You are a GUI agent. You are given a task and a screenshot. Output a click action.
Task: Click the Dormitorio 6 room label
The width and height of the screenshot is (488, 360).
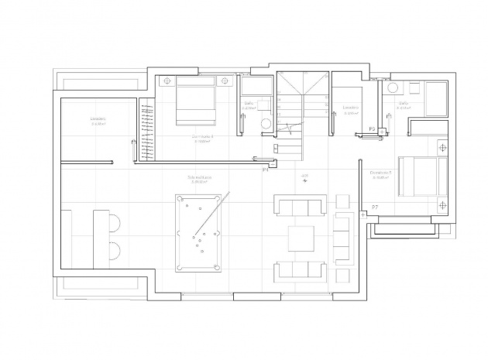pos(203,136)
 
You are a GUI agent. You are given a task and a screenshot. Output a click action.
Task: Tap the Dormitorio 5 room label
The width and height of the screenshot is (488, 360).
pos(380,173)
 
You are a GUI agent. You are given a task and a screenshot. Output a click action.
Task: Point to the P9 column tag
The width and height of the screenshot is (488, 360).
pos(373,129)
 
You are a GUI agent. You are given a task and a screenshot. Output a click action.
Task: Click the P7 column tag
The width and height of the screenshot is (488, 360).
pos(375,207)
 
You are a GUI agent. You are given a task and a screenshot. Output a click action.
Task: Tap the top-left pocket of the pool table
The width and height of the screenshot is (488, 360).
pos(179,197)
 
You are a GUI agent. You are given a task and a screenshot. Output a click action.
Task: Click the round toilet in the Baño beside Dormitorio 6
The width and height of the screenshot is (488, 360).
pos(266,123)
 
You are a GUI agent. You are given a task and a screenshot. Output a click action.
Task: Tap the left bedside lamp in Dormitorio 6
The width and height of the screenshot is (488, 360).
pos(165,79)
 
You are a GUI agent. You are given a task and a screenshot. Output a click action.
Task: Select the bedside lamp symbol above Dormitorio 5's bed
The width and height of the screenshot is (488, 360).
pos(442,146)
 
